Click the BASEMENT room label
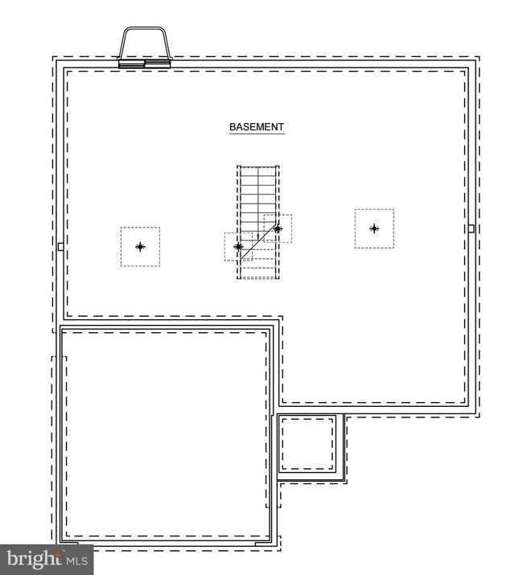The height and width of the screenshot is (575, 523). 257,127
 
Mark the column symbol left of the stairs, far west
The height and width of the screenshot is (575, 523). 140,247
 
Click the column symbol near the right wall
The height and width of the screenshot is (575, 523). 374,228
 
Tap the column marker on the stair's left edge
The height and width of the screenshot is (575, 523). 238,246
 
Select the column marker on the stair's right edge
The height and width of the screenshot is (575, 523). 278,228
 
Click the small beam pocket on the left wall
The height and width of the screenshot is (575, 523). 60,246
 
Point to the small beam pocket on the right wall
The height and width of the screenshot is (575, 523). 472,228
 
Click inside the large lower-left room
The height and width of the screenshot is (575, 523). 165,434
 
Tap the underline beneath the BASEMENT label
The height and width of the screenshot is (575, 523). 257,134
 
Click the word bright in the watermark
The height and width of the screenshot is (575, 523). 33,557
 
